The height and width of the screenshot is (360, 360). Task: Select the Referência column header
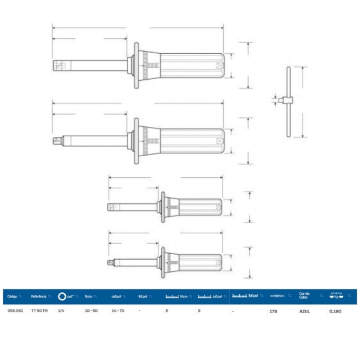coord(39,296)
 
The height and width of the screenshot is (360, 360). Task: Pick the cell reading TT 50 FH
coord(39,311)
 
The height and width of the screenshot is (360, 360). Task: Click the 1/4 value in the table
coord(61,311)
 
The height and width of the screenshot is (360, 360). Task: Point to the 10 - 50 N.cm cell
coord(91,311)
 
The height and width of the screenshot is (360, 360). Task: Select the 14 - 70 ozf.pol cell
coord(118,311)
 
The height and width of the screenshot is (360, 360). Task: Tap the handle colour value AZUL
coord(305,311)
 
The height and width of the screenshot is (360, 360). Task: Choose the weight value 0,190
coord(335,311)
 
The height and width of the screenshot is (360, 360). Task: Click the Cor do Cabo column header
coord(305,296)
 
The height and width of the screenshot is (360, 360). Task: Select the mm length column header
coord(277,296)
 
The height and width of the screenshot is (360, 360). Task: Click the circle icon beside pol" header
coord(61,296)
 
